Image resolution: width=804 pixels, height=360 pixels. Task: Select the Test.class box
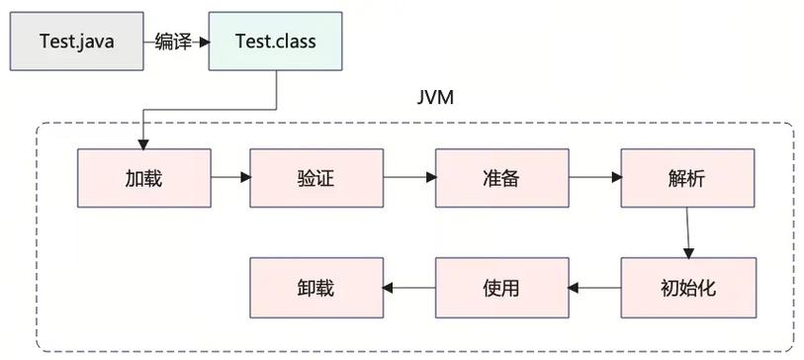(x=275, y=42)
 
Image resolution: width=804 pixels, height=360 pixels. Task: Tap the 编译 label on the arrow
(x=173, y=42)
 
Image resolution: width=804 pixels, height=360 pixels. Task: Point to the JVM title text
(x=436, y=101)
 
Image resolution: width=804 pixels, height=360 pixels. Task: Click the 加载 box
(x=144, y=178)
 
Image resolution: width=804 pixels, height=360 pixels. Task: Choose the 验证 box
(x=316, y=178)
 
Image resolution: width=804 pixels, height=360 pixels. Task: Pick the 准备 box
(x=502, y=178)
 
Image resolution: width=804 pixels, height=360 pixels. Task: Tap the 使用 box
(x=502, y=288)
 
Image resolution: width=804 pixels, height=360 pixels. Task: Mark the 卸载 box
(x=316, y=288)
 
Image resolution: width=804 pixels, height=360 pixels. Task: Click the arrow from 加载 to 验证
(x=230, y=178)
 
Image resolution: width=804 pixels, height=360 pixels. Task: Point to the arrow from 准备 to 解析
(x=595, y=178)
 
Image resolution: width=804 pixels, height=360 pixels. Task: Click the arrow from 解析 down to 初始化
(x=687, y=232)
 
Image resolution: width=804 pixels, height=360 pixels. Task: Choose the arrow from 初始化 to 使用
(x=595, y=288)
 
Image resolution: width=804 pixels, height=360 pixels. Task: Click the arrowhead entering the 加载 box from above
(x=144, y=143)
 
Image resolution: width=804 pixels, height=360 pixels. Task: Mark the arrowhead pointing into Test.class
(x=203, y=42)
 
